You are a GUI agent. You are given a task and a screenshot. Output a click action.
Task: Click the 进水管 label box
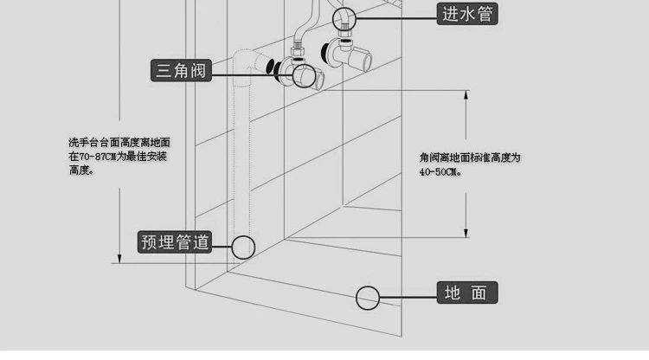467,14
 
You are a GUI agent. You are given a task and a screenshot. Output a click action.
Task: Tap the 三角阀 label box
181,70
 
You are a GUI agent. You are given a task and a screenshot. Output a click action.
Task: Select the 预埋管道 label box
175,242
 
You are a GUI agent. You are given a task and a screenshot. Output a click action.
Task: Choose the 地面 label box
467,292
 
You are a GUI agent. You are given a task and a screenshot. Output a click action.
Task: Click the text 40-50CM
440,172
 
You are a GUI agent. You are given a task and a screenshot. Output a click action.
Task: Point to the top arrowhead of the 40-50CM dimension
466,94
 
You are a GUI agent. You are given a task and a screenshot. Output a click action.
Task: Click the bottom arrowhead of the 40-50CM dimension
466,233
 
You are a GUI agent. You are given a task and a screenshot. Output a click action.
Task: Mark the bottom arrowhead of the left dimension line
119,259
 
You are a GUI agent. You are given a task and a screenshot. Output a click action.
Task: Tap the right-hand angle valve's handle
362,57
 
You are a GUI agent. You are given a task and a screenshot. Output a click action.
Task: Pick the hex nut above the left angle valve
297,51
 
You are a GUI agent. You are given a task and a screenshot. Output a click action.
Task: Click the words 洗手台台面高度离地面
119,143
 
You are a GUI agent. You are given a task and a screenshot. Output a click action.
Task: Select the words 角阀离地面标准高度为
470,157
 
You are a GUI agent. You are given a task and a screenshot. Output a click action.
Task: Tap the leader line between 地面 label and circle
408,297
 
